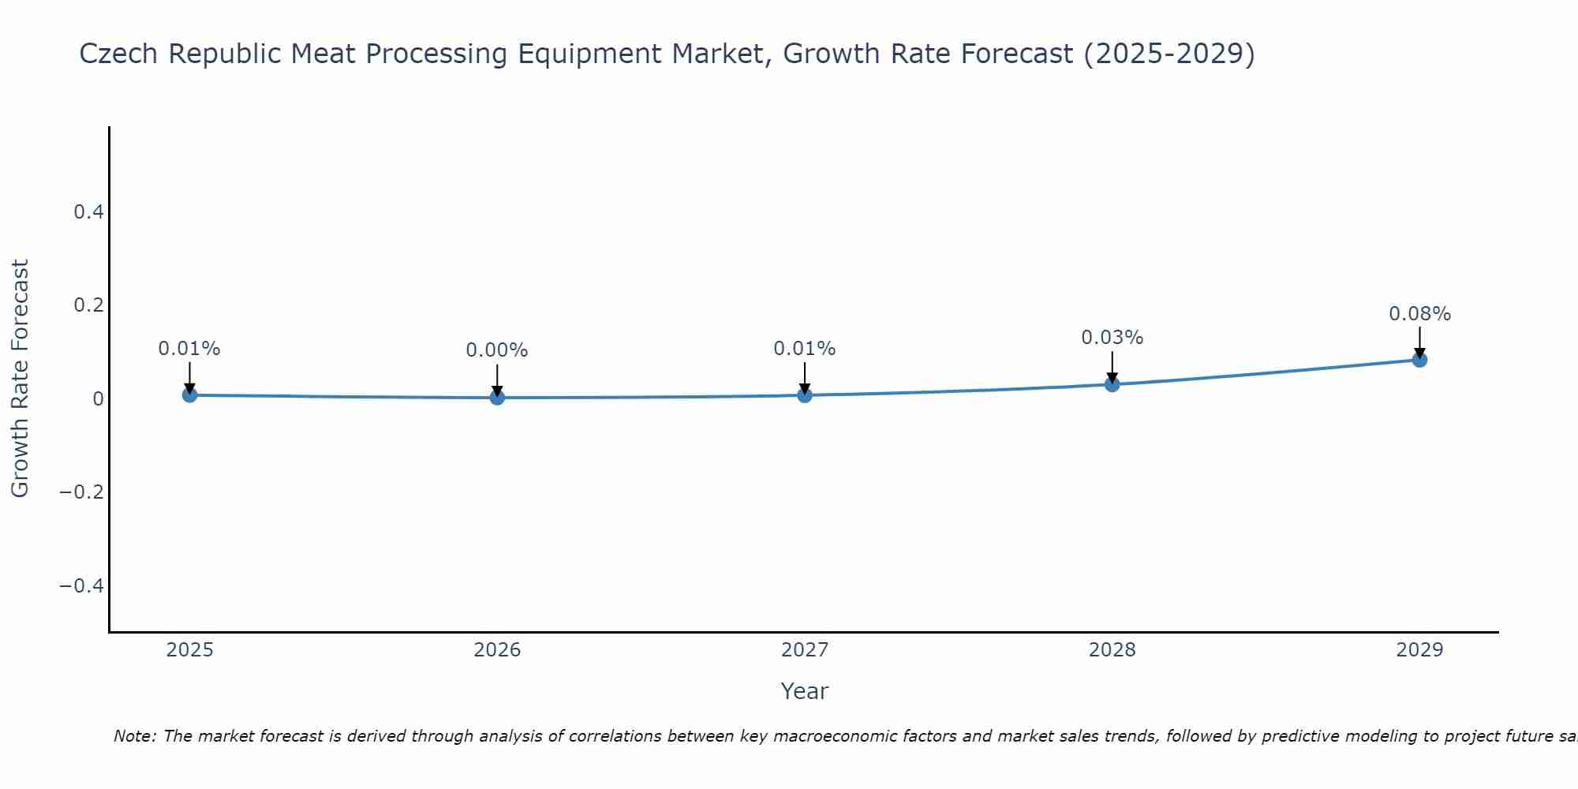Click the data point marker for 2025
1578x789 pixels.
pos(189,394)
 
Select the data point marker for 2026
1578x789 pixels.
pos(497,397)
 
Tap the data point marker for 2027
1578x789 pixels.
pos(805,394)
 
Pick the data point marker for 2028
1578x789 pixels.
pos(1112,384)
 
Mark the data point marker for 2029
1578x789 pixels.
pos(1419,360)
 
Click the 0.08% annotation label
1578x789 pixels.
pos(1419,314)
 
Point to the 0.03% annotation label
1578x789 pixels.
pos(1112,338)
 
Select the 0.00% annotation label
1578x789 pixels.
pos(497,350)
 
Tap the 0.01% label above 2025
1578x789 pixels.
pos(189,349)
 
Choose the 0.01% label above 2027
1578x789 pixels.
pos(805,349)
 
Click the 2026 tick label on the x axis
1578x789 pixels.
pos(497,650)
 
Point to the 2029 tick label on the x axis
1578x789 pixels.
pos(1419,650)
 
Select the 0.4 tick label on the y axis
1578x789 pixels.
pos(88,211)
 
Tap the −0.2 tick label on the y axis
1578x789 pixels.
pos(82,492)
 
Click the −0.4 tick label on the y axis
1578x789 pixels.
pos(82,585)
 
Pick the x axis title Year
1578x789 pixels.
pos(805,691)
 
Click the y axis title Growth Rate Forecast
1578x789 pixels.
pos(20,379)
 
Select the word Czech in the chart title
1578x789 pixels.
pos(119,54)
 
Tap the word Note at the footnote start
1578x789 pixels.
pos(134,736)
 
